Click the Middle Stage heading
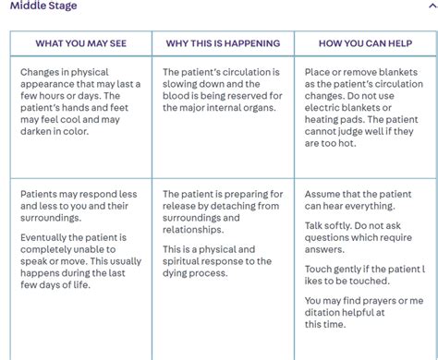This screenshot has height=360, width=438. coord(40,6)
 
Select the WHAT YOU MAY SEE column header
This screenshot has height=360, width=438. coord(80,43)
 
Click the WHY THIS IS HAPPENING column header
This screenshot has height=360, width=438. coord(223,43)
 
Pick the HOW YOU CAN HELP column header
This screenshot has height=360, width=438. coord(364,43)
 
